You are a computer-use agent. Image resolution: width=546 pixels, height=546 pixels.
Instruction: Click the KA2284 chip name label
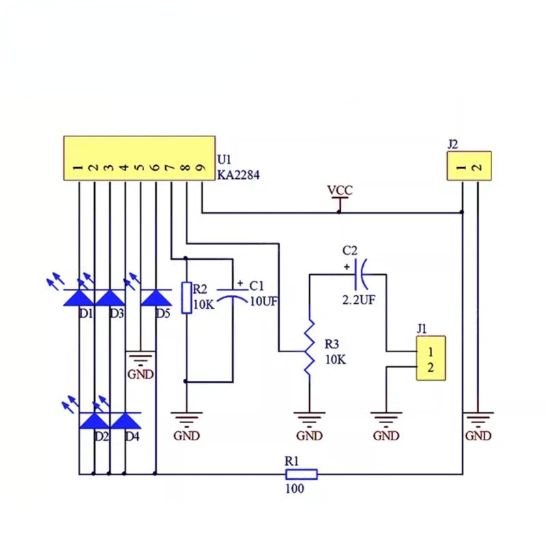[x=238, y=175]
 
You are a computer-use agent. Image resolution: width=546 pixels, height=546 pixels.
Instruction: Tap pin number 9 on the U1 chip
[x=201, y=168]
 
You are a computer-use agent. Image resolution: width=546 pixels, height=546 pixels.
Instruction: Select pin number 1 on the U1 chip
[x=78, y=168]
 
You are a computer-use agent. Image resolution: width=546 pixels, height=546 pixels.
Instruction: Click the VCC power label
[x=340, y=190]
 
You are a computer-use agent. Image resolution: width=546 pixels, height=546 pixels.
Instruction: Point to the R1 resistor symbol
[x=302, y=474]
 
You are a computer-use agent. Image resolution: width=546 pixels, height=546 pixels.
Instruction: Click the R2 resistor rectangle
[x=186, y=298]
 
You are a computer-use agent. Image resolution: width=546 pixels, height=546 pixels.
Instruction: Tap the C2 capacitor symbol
[x=361, y=274]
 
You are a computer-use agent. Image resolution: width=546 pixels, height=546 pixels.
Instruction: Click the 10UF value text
[x=264, y=302]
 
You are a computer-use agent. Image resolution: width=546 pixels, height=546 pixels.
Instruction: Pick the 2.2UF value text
[x=359, y=300]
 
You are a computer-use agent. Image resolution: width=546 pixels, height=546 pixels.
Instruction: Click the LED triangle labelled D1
[x=79, y=298]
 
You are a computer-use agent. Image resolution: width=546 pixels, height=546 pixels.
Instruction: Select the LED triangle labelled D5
[x=156, y=298]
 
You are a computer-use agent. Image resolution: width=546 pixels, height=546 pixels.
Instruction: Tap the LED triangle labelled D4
[x=126, y=420]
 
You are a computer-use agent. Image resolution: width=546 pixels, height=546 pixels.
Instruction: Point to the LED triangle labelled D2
[x=94, y=420]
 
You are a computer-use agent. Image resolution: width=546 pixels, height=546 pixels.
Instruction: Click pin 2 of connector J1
[x=431, y=367]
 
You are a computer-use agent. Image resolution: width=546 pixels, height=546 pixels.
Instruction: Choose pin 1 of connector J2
[x=462, y=167]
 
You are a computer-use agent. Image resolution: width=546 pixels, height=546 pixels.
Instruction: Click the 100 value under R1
[x=295, y=489]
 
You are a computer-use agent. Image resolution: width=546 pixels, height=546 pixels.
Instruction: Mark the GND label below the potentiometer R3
[x=309, y=435]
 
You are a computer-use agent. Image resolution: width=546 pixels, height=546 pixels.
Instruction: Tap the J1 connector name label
[x=421, y=328]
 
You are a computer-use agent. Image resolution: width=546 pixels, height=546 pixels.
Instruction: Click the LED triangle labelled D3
[x=110, y=298]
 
